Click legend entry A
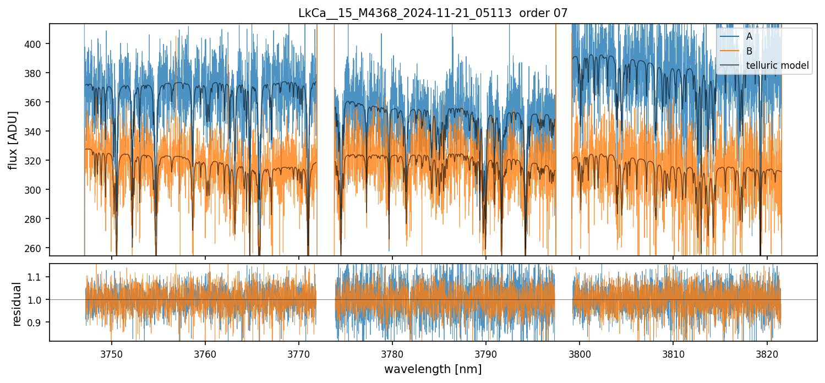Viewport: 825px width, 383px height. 749,37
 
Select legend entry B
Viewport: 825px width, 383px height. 749,51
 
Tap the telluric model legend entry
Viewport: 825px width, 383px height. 777,65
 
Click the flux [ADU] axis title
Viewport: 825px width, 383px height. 13,140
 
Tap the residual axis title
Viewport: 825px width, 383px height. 17,304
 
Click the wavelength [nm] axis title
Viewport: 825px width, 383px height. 433,369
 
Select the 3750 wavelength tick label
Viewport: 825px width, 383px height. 112,353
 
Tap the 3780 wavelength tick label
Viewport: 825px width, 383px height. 392,353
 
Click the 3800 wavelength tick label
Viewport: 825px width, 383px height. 580,353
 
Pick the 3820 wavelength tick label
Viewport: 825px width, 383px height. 767,353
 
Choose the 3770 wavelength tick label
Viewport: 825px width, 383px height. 299,353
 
